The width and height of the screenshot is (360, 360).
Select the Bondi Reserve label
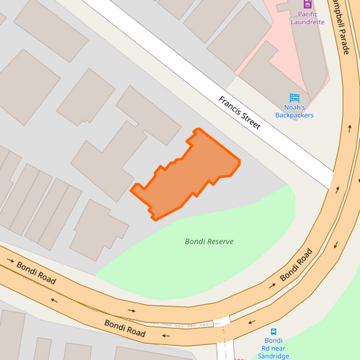209,241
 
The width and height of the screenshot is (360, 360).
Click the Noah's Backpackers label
294,111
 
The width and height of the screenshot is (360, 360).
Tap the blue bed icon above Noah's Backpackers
294,97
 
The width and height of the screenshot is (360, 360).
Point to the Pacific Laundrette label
307,18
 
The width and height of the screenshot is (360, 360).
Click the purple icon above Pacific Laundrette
307,4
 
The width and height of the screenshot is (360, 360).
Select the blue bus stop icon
274,332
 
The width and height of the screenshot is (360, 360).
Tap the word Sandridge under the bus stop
273,356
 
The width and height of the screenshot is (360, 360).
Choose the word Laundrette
307,22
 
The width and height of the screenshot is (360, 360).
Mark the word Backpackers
294,115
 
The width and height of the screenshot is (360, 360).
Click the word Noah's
294,107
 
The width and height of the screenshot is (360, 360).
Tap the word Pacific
307,14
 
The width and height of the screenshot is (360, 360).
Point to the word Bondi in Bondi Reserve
195,241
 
